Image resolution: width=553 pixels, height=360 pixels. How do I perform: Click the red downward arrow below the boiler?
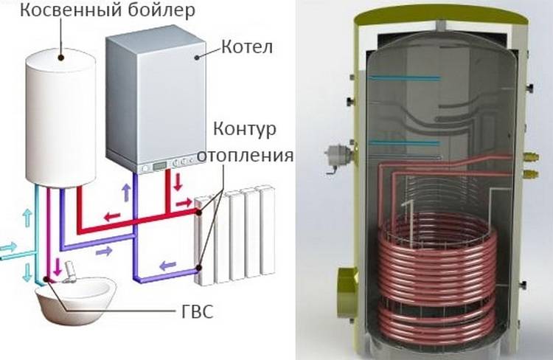tap(176, 180)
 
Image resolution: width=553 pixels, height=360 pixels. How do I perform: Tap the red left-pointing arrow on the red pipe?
tap(113, 216)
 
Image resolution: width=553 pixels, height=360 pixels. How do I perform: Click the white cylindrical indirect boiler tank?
tap(62, 118)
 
